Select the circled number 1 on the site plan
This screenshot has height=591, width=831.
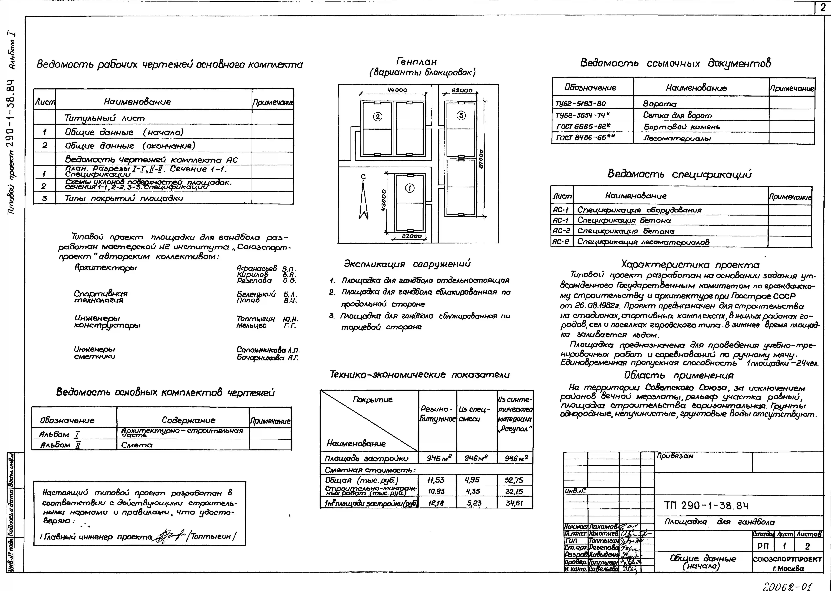tap(410, 188)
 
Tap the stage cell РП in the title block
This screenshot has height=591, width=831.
tap(763, 546)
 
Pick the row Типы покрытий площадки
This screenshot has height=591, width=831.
tap(124, 198)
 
